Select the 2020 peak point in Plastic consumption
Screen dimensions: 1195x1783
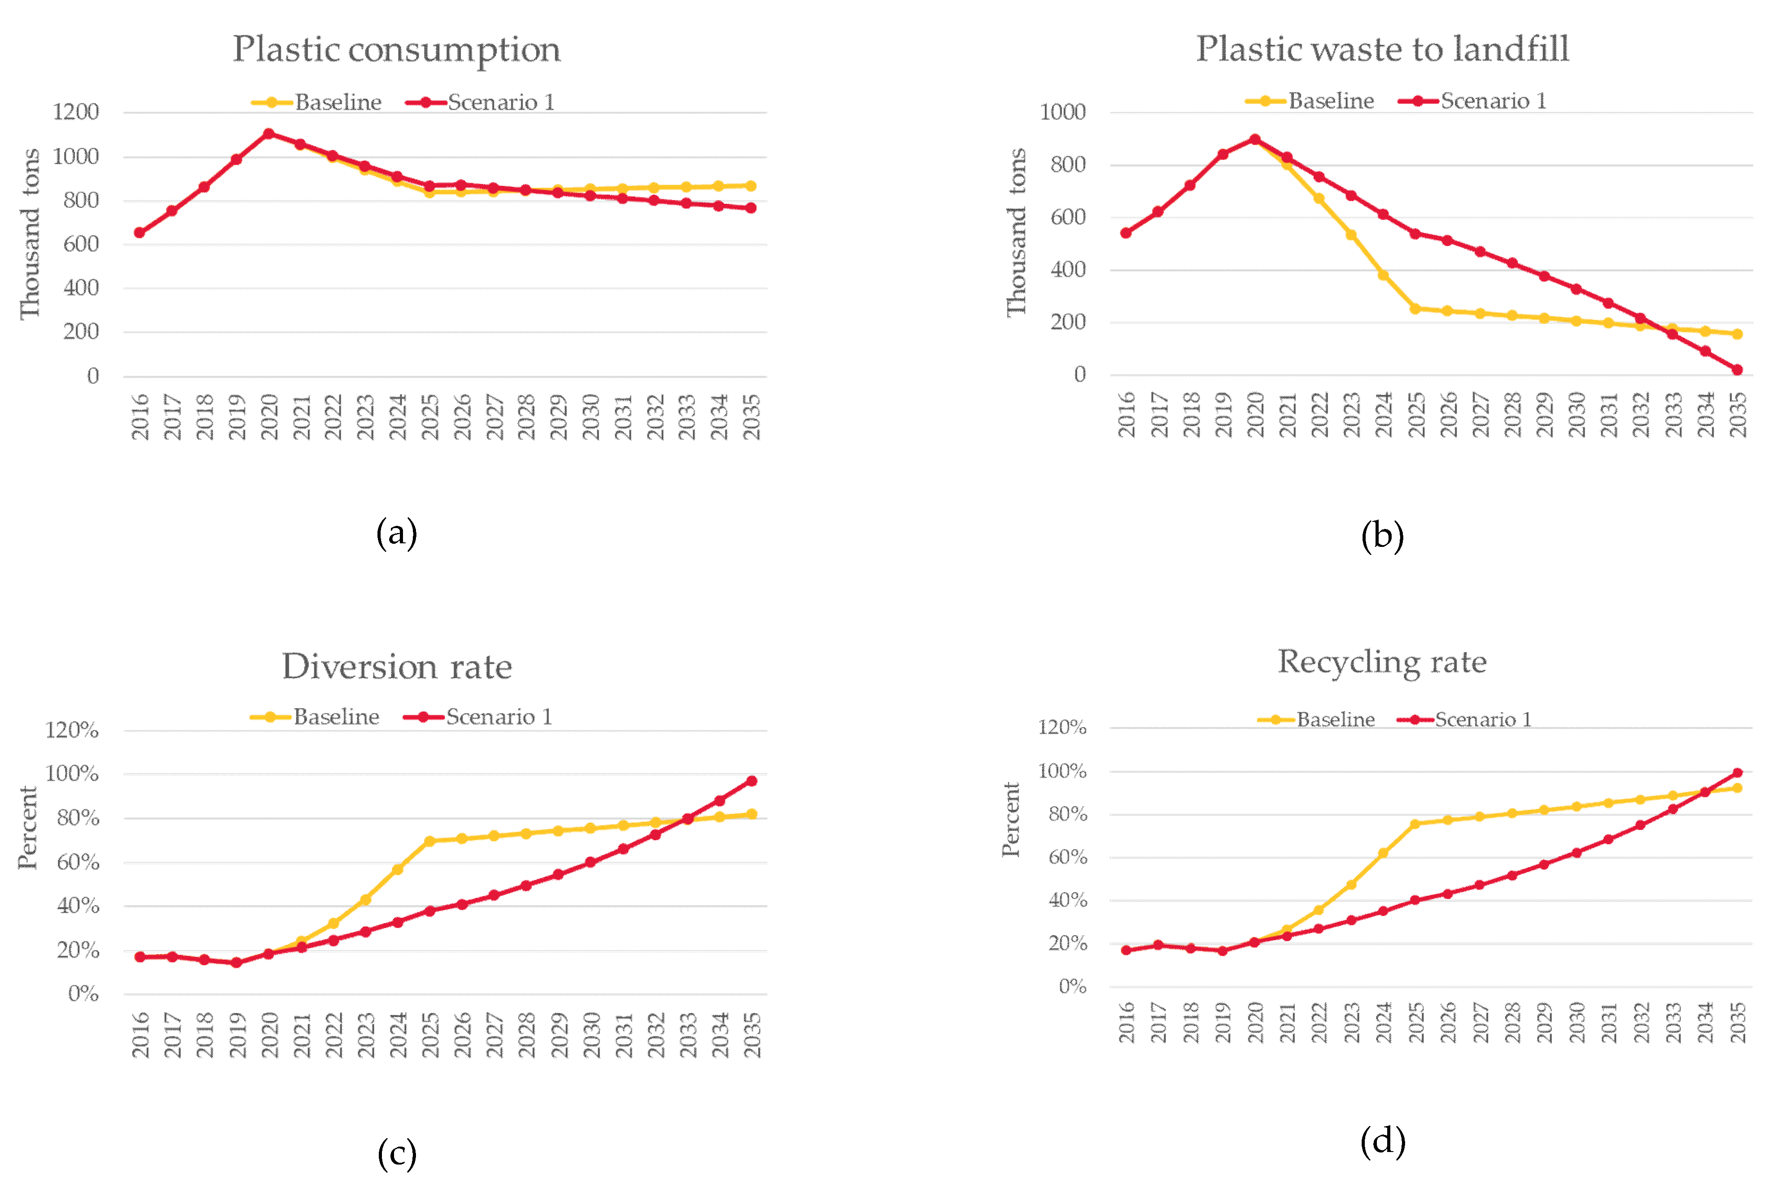tap(268, 134)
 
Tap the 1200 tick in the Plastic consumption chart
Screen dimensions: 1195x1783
tap(75, 112)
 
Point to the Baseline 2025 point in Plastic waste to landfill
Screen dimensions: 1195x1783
tap(1415, 309)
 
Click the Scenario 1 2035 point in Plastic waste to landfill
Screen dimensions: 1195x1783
tap(1737, 370)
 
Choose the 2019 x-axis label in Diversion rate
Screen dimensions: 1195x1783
tap(237, 1035)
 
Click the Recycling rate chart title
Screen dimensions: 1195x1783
tap(1381, 662)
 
